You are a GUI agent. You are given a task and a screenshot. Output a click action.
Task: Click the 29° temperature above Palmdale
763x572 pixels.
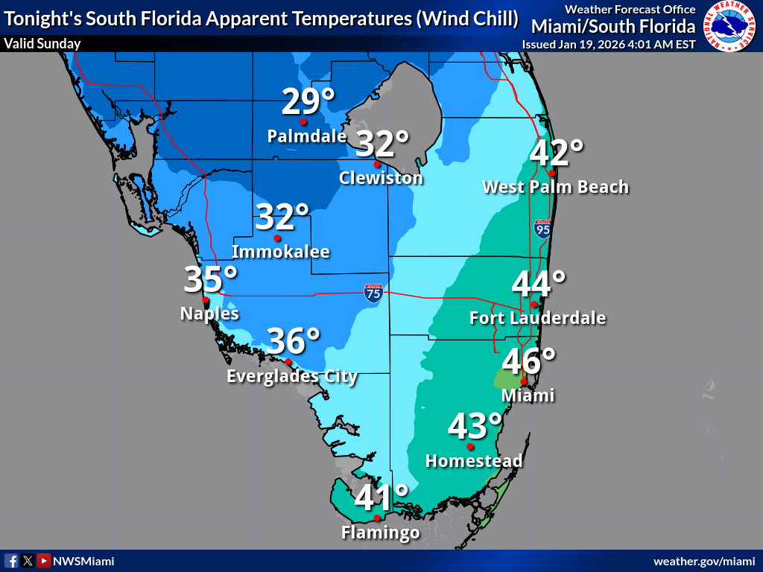[x=308, y=102]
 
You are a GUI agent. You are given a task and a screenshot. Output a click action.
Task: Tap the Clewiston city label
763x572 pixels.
[x=381, y=178]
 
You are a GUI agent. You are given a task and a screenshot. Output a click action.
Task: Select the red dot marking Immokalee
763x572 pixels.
[x=277, y=238]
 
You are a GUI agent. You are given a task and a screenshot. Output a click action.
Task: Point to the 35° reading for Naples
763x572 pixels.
[x=211, y=280]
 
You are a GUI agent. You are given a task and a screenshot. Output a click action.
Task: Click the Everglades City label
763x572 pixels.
[x=292, y=377]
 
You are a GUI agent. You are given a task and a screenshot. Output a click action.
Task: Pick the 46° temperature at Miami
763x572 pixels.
[x=529, y=362]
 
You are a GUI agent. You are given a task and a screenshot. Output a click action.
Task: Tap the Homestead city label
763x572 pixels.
[x=474, y=461]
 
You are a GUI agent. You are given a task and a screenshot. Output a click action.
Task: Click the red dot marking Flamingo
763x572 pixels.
[x=377, y=518]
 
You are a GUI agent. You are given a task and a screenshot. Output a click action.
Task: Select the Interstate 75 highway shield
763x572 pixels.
[x=374, y=293]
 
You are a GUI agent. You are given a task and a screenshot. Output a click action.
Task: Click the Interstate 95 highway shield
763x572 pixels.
[x=542, y=229]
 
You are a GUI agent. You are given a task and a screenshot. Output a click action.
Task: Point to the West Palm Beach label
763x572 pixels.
[x=555, y=187]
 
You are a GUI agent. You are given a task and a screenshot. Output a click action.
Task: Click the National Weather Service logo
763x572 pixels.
[x=730, y=26]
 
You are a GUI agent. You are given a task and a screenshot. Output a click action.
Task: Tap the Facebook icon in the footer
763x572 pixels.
[x=12, y=561]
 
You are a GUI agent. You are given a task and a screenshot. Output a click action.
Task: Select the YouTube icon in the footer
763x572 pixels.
[x=44, y=561]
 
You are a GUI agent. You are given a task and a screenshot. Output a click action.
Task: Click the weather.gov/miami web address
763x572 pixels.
[x=704, y=561]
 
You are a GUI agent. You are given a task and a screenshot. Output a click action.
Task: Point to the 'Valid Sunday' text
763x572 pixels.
[x=42, y=44]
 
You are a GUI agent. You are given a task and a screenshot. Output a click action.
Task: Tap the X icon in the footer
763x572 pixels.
[x=28, y=561]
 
